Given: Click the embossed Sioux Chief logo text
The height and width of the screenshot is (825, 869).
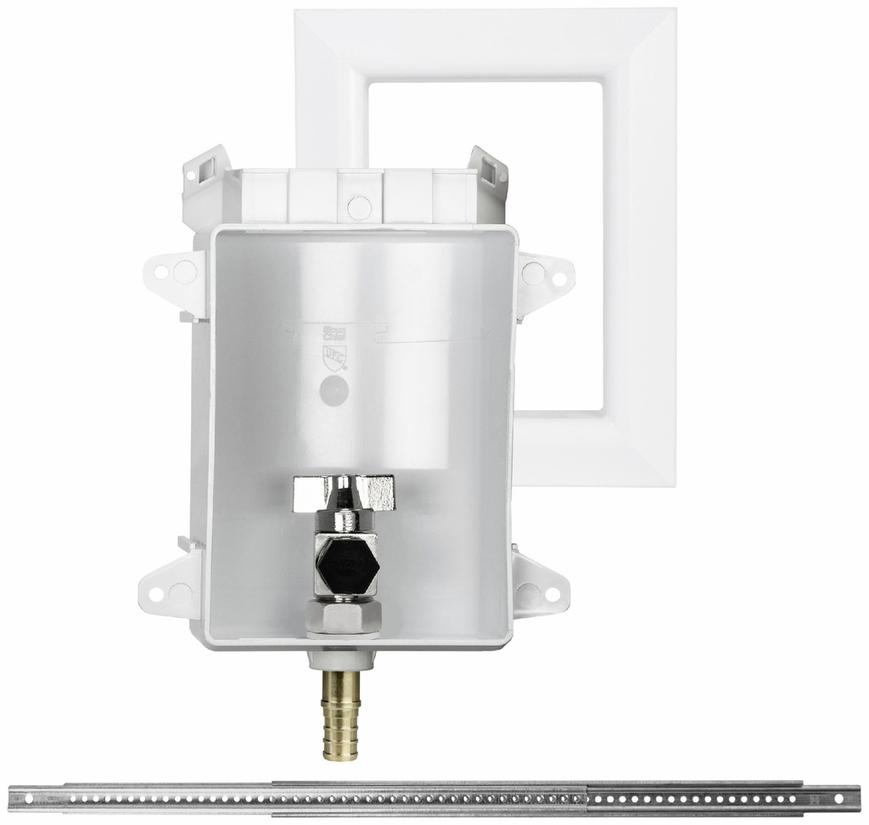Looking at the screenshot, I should coord(327,332).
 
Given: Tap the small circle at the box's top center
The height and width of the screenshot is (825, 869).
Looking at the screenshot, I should coord(358,205).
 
